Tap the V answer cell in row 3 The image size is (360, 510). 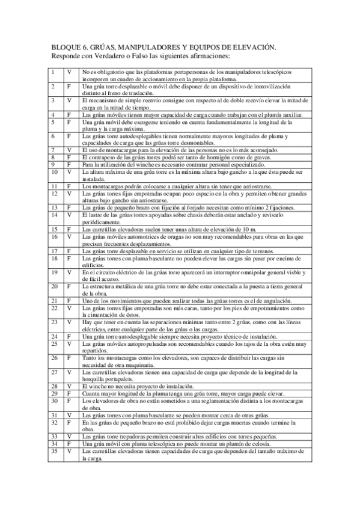70,100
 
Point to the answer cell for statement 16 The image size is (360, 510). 70,237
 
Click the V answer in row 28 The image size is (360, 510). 70,386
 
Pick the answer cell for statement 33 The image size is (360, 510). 70,436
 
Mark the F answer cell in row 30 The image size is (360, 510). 70,401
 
